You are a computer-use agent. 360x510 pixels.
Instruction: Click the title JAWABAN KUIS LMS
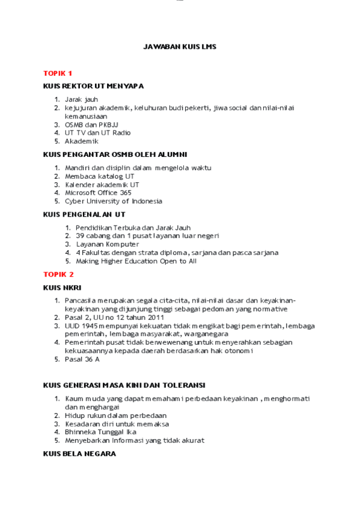coord(179,46)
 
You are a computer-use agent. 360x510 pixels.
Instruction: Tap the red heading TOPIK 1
coord(58,73)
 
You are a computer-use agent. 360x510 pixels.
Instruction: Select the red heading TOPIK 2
coord(58,274)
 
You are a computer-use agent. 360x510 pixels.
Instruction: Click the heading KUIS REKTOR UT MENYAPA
coord(93,86)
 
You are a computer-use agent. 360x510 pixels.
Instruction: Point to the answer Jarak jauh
coord(81,99)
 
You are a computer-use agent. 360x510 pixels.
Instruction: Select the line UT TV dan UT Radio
coord(97,133)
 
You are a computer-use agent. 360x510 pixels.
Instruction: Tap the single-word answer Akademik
coord(81,141)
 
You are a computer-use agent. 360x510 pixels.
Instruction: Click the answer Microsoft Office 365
coord(98,193)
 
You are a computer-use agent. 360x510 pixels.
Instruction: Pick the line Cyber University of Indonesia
coord(114,201)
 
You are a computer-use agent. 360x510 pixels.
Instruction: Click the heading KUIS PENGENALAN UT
coord(84,214)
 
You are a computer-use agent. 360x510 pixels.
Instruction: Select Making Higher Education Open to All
coord(136,261)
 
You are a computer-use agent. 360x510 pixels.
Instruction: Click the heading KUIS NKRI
coord(62,287)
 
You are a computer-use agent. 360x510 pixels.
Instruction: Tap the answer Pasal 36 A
coord(82,359)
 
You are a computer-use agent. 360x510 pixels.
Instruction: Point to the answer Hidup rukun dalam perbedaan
coord(115,415)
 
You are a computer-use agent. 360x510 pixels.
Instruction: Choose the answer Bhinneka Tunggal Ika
coord(100,432)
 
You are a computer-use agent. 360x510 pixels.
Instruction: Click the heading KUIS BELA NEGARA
coord(79,454)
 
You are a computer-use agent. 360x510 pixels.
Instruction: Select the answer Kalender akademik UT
coord(102,185)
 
